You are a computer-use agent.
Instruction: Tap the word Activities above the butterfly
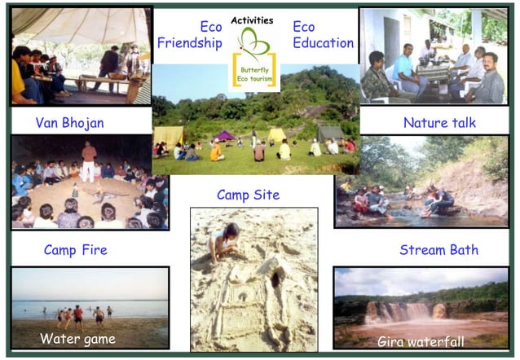coord(253,20)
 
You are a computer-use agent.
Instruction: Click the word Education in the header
coord(323,43)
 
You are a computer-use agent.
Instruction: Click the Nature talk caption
coord(439,123)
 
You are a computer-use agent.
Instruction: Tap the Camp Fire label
coord(75,249)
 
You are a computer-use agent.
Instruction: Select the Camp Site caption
coord(248,195)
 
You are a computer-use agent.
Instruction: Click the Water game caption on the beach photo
coord(77,338)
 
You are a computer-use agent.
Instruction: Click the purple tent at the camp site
coord(225,135)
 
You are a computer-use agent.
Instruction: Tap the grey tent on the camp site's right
coord(330,133)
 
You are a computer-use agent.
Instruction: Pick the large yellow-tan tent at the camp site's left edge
coord(169,134)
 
